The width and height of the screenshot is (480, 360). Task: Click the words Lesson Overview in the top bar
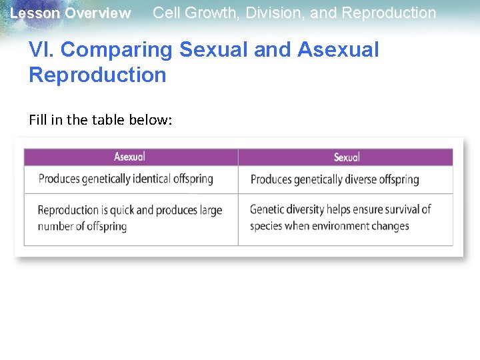71,13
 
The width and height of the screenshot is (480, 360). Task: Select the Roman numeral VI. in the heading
41,49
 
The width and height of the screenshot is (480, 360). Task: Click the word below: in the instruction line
151,120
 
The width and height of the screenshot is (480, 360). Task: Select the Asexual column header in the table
129,157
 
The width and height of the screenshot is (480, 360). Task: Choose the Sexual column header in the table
347,157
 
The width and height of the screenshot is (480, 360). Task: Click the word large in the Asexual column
211,211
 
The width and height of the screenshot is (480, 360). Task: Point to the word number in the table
55,226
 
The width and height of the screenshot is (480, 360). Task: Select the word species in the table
266,227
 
